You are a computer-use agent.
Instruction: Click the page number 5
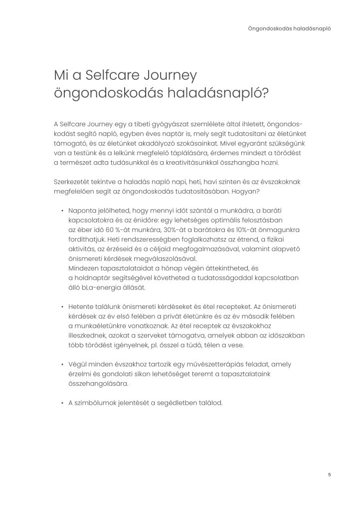330,474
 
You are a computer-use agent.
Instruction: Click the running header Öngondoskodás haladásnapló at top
289,28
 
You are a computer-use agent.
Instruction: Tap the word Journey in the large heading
168,76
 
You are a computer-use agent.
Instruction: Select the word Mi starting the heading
61,76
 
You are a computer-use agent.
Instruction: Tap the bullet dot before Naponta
62,211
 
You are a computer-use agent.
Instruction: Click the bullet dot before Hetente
62,306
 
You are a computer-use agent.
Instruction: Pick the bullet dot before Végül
62,364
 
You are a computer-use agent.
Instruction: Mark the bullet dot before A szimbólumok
62,403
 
